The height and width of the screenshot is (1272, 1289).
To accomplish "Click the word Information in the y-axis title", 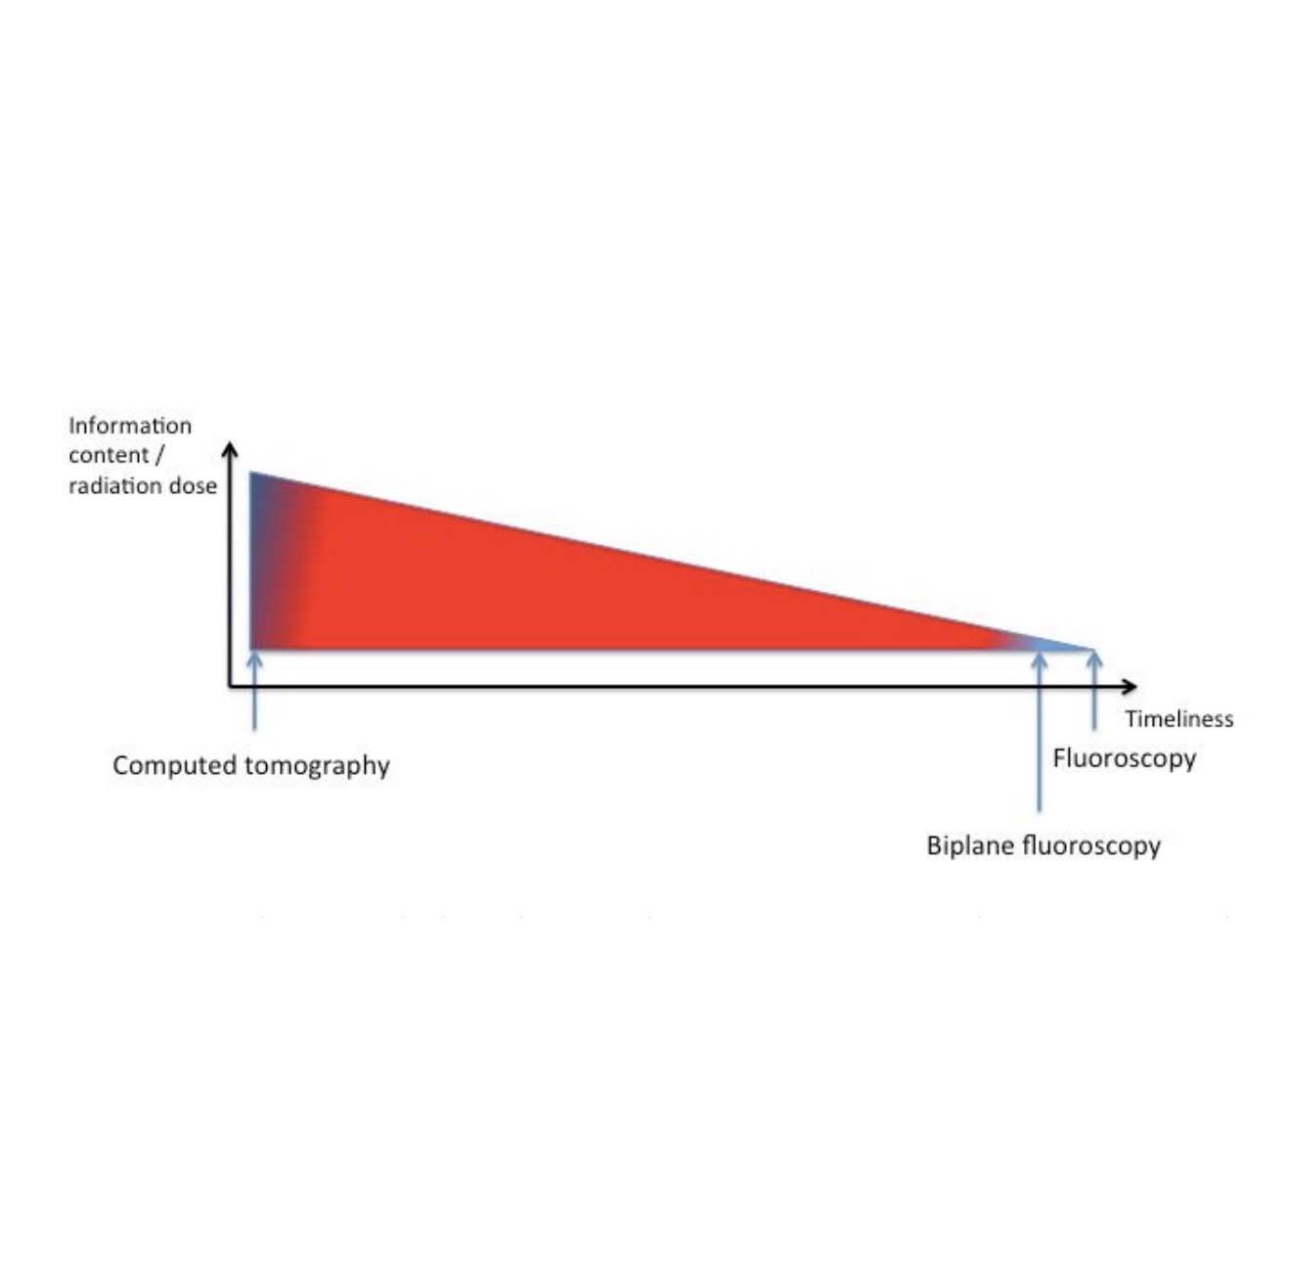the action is [x=130, y=426].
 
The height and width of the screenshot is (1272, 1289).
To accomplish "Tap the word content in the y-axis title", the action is [x=109, y=455].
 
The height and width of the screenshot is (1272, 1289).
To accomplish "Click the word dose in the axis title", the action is [x=194, y=485].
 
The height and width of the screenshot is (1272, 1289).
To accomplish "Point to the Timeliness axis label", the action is [x=1178, y=719].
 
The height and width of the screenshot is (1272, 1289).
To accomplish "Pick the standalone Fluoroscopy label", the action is [x=1125, y=759].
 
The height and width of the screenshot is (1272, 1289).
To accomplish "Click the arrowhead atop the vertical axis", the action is [x=230, y=449].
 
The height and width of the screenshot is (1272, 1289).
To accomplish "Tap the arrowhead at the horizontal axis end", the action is [x=1130, y=686].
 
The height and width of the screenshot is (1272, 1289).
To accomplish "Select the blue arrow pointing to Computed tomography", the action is [x=254, y=691].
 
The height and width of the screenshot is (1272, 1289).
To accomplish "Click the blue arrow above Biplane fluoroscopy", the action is [x=1039, y=733].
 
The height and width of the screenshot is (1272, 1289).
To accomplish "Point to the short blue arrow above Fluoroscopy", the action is [x=1094, y=691].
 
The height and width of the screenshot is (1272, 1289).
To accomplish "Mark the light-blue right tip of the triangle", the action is [x=1093, y=649].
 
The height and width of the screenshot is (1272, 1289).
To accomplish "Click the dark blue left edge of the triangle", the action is [x=251, y=561].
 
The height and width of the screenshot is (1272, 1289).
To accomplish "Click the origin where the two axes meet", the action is [x=230, y=686].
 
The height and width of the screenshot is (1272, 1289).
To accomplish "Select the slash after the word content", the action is [x=158, y=455].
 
